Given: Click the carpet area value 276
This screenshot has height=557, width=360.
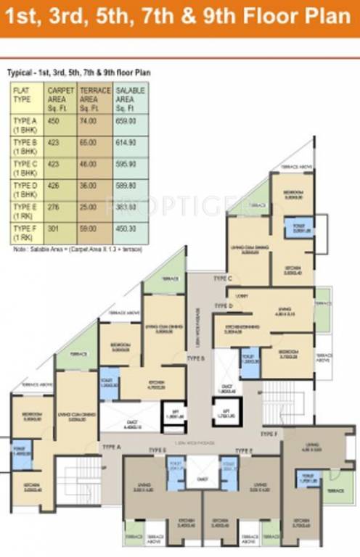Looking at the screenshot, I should [x=53, y=206].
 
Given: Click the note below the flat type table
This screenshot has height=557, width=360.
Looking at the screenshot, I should [x=76, y=249].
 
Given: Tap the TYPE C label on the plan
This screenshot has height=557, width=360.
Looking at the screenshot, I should [x=222, y=278].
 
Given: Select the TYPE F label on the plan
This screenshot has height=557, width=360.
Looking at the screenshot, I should [x=269, y=434].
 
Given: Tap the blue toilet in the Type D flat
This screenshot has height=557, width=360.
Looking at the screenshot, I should [x=250, y=362].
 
